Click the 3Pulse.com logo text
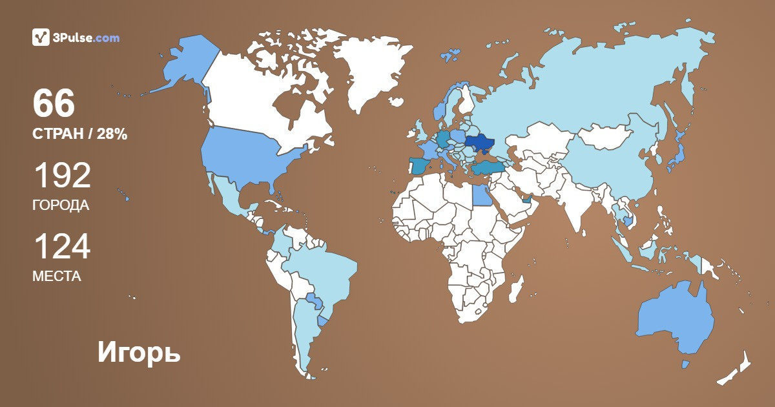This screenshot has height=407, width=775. (87, 38)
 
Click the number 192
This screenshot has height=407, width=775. (61, 176)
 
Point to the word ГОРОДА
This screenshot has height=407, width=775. (61, 205)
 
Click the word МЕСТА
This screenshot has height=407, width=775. (57, 277)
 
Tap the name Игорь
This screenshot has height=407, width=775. (139, 353)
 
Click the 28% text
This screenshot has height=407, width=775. (113, 134)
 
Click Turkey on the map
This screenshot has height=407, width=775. (488, 167)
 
